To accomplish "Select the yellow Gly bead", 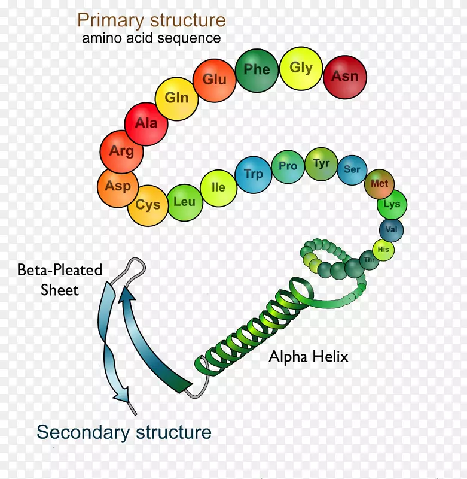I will coord(301,68).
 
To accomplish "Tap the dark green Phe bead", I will coord(257,70).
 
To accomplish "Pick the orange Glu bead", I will coord(214,80).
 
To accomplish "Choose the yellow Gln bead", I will coord(176,98).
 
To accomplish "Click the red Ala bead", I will coord(146,124).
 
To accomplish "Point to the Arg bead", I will coord(121,151).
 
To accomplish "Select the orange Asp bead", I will coord(118,186).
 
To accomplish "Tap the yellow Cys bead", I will coord(148,205).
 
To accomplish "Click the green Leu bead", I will coord(184,202).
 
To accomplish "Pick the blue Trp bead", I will coord(253,174).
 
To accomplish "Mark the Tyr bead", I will coord(321,163).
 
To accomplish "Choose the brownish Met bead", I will coord(379,184).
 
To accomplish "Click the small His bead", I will coord(383,249).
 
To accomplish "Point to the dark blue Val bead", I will coord(392,229).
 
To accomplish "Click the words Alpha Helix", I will coord(308,357).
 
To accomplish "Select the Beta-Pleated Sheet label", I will coord(60,280).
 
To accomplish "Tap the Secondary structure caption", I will coord(124,432).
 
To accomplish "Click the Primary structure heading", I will coord(151,20).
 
